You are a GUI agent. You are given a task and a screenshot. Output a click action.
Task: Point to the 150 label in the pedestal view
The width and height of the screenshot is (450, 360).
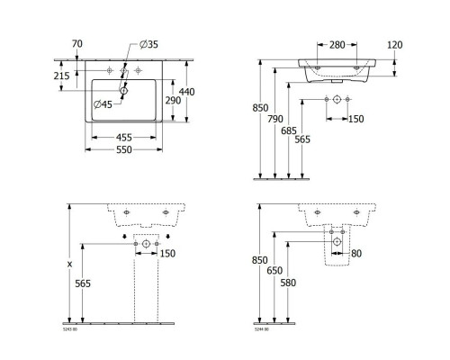point(167,253)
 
